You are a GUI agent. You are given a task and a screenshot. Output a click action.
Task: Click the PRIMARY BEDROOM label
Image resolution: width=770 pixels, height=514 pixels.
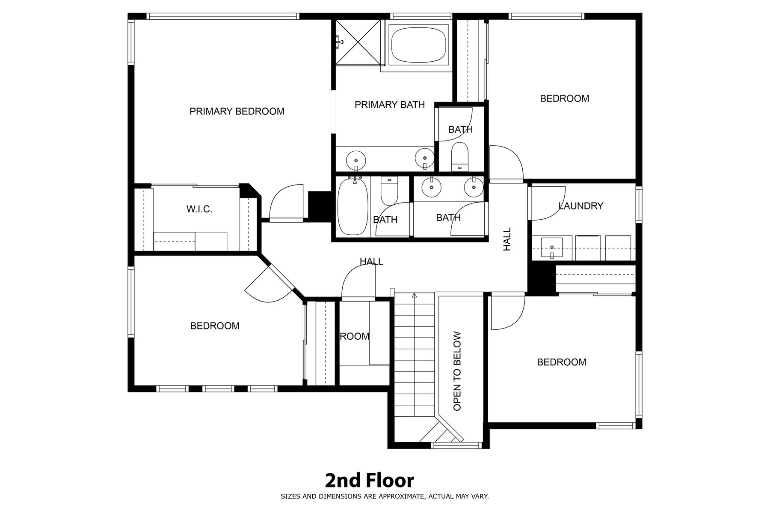[237, 111]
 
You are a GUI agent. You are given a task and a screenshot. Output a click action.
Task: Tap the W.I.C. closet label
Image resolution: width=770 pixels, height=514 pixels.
[199, 209]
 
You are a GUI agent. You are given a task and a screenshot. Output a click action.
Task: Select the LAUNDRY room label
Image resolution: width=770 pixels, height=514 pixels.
[581, 206]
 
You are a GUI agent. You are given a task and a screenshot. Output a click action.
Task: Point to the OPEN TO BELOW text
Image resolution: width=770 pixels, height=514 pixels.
[457, 371]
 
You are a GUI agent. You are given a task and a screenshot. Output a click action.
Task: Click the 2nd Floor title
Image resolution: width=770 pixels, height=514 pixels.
[369, 481]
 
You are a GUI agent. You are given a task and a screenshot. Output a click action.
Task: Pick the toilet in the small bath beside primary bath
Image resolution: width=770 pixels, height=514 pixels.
[460, 157]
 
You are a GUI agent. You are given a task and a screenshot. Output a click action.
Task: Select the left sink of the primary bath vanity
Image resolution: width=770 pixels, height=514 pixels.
[355, 160]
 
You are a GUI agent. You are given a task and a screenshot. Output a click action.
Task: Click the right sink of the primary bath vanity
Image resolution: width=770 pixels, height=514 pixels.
[424, 158]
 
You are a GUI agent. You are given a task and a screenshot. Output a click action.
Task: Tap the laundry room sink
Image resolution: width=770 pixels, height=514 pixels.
[552, 248]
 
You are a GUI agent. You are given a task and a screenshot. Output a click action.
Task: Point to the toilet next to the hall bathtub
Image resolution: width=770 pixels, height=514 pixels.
[389, 191]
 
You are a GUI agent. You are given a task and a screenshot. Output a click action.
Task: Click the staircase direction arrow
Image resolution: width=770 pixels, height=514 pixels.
[414, 295]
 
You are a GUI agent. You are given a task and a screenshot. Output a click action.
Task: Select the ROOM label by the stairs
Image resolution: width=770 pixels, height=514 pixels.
[355, 337]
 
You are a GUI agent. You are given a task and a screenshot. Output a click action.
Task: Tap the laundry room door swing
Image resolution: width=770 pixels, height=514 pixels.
[548, 203]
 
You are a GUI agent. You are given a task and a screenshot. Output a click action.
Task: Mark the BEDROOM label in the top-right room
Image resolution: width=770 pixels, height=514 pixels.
[565, 99]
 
